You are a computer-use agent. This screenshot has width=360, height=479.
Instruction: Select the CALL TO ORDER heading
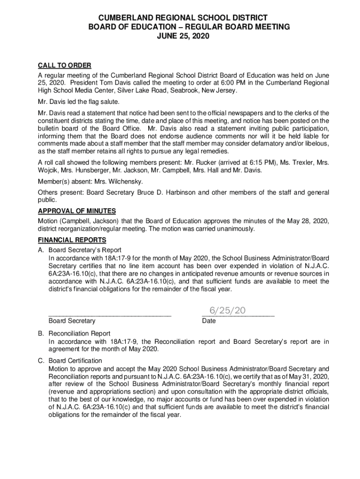pyautogui.click(x=65, y=65)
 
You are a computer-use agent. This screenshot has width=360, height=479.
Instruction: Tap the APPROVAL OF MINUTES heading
pyautogui.click(x=77, y=211)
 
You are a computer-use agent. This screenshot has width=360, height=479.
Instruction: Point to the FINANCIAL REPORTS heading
pyautogui.click(x=72, y=240)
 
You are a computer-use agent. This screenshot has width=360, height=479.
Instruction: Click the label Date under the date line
pyautogui.click(x=209, y=321)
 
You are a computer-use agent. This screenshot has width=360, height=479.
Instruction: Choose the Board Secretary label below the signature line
pyautogui.click(x=72, y=321)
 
